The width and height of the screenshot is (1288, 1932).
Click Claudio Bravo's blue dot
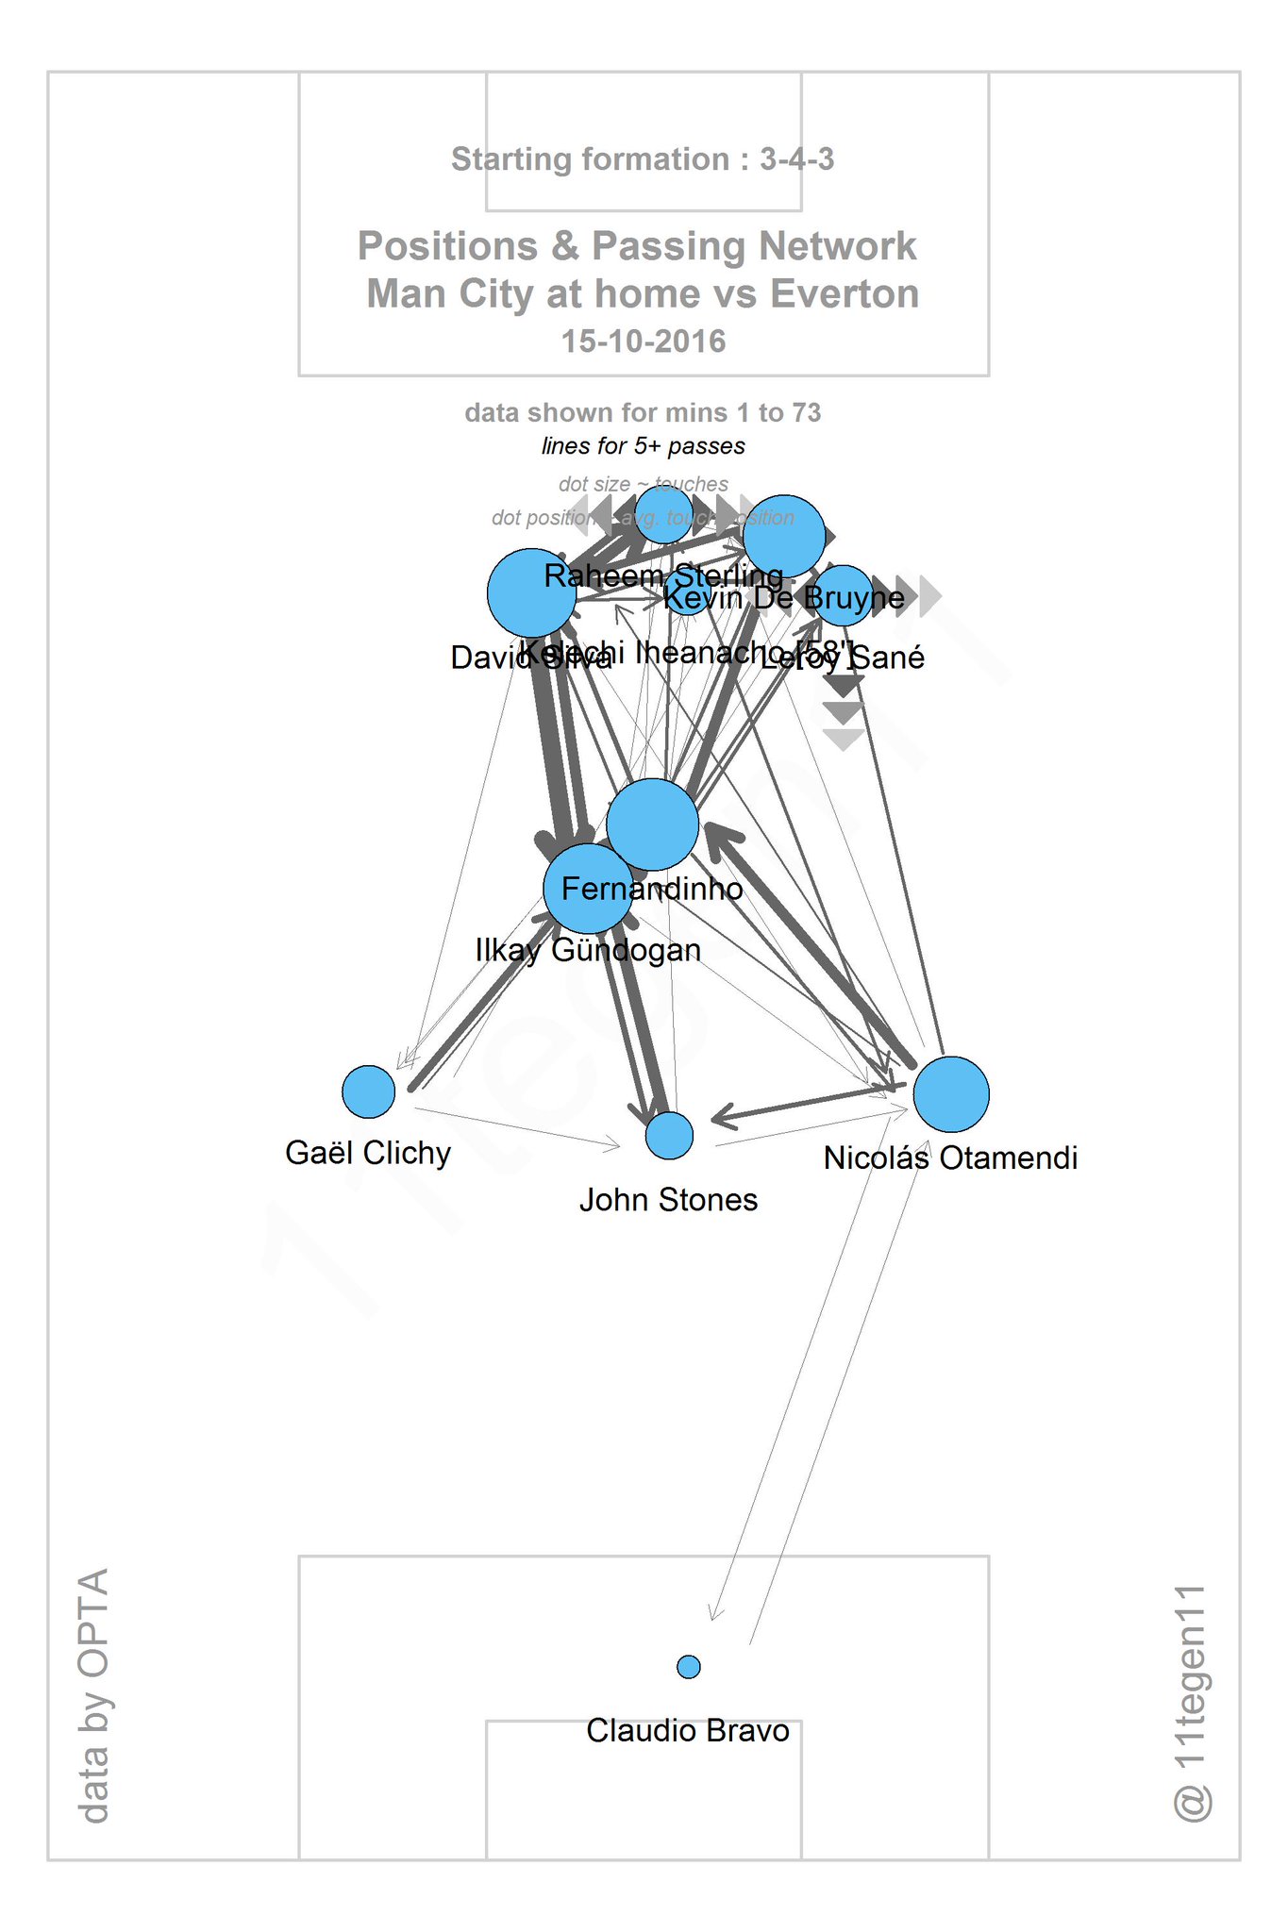click(689, 1667)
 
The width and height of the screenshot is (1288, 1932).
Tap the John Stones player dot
click(669, 1135)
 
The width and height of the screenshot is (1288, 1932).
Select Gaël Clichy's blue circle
click(368, 1091)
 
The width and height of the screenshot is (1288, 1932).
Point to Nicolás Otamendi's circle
click(951, 1094)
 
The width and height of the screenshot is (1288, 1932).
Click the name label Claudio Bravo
click(687, 1730)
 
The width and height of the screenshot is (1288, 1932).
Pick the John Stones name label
click(668, 1200)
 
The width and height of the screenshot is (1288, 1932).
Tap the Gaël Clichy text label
click(368, 1153)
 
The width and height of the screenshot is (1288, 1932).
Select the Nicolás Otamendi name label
click(950, 1158)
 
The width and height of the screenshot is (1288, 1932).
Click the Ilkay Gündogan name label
click(588, 950)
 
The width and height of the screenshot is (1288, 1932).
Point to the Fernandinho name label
click(652, 889)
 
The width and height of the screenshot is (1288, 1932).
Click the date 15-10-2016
click(644, 341)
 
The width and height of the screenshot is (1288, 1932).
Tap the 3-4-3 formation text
click(796, 159)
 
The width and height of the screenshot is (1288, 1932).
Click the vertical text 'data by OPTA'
click(93, 1694)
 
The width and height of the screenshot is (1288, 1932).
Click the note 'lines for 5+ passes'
click(643, 446)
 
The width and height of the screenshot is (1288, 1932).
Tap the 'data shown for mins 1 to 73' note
click(643, 412)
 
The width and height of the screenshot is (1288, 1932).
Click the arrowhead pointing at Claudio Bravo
click(714, 1614)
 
